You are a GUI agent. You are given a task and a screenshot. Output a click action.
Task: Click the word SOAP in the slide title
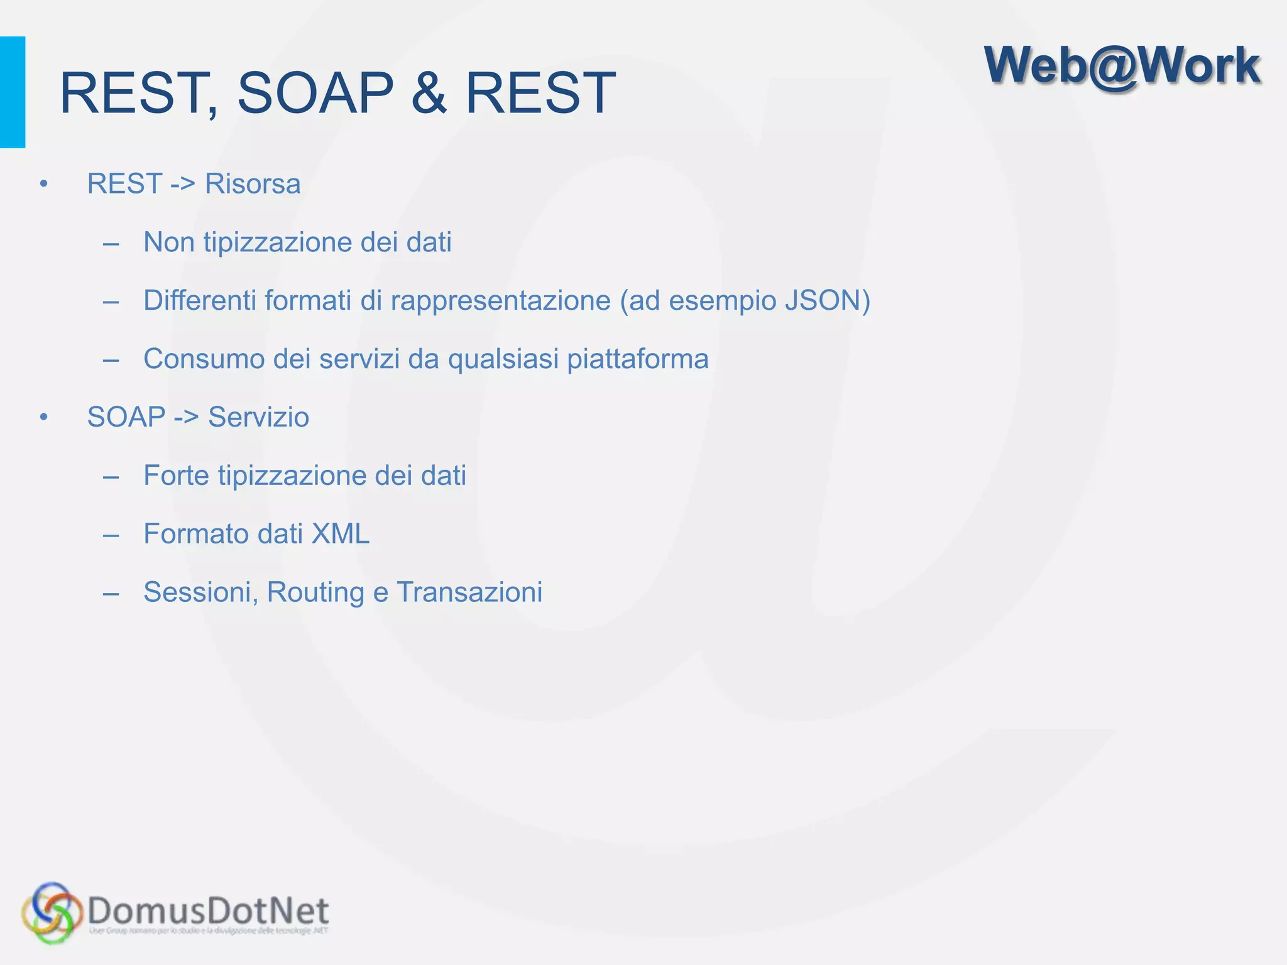pos(315,93)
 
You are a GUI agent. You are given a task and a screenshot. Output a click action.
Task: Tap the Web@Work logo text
pos(1122,65)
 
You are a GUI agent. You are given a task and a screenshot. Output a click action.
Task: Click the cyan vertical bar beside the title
pos(13,92)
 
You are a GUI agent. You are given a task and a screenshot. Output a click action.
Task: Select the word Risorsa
pos(253,184)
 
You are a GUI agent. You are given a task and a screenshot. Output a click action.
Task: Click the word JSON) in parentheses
pos(828,300)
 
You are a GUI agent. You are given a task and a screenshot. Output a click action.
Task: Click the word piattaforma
pos(638,359)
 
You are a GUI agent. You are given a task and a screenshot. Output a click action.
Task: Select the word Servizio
pos(258,417)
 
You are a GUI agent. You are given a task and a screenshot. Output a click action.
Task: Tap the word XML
pos(341,534)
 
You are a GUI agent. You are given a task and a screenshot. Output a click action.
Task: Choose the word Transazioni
pos(469,592)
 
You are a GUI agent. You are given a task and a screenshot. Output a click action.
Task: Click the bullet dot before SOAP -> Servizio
pos(43,417)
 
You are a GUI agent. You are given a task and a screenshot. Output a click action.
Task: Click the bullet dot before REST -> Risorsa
pos(43,184)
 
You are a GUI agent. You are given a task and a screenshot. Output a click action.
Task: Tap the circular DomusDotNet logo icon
pos(52,913)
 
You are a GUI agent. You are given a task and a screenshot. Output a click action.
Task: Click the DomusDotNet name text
pos(208,910)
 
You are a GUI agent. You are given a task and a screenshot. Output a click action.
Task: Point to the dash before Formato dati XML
pos(111,535)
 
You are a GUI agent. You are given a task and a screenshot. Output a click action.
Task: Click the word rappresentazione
pos(500,300)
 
